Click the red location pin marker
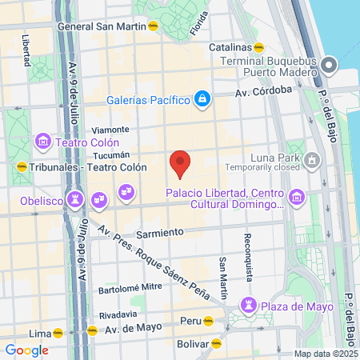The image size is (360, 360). click(x=181, y=163)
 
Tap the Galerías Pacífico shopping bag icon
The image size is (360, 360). click(x=203, y=99)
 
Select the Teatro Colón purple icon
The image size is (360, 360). click(x=43, y=143)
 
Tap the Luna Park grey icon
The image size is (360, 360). click(x=313, y=163)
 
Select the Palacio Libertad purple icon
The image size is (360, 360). click(x=297, y=195)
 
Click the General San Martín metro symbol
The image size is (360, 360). click(x=154, y=26)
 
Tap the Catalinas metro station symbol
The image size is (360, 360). click(x=258, y=47)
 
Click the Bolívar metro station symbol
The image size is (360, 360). click(x=215, y=345)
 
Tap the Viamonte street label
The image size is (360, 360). click(x=110, y=130)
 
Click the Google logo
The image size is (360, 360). click(x=26, y=350)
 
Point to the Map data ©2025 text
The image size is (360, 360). click(x=324, y=354)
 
